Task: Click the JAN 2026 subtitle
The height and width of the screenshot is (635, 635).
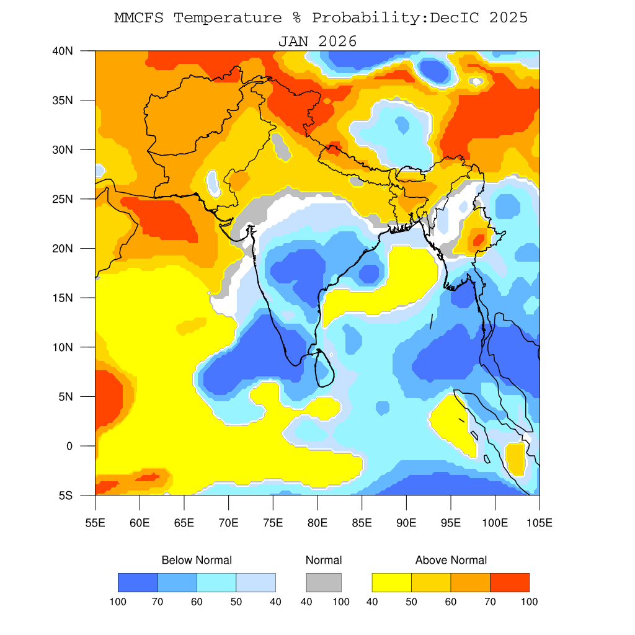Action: point(317,42)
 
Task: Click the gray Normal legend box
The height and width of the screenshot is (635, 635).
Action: point(324,582)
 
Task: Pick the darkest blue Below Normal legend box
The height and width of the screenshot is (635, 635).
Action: point(138,582)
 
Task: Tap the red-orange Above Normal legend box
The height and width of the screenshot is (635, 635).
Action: point(510,582)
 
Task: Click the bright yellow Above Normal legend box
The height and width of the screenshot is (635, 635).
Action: point(391,582)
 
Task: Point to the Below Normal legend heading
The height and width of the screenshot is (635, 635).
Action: point(197,561)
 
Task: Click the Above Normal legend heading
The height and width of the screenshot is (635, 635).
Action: point(451,561)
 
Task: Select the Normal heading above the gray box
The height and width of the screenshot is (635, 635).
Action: point(324,561)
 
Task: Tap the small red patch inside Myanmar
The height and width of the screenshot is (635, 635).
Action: point(478,239)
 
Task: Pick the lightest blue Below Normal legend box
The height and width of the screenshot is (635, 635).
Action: point(256,582)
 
